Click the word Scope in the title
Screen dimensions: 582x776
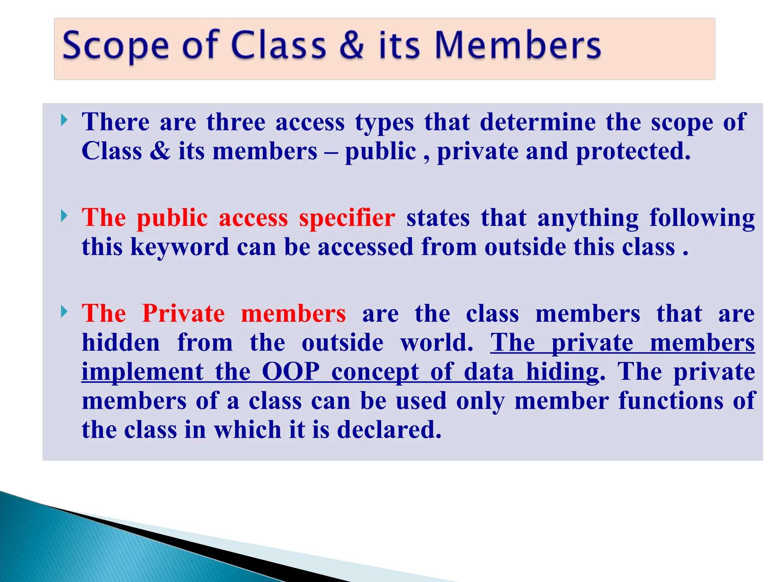click(x=115, y=46)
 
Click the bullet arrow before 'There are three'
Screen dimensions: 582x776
click(x=64, y=121)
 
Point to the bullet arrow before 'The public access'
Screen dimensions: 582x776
click(x=64, y=216)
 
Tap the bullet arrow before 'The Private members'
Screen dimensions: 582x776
click(x=64, y=312)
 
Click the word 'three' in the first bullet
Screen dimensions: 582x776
click(x=236, y=122)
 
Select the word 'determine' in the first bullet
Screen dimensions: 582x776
click(x=538, y=122)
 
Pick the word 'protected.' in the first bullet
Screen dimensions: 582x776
click(x=633, y=152)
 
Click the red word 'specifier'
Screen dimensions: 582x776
click(x=347, y=218)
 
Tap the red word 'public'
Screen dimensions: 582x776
click(x=172, y=218)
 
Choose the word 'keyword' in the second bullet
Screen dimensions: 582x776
click(x=180, y=247)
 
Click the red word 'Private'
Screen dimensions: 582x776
click(x=183, y=314)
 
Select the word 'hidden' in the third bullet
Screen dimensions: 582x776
click(x=121, y=343)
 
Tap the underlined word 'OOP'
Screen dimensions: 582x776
click(x=291, y=372)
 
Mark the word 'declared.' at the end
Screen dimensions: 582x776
click(x=389, y=430)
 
